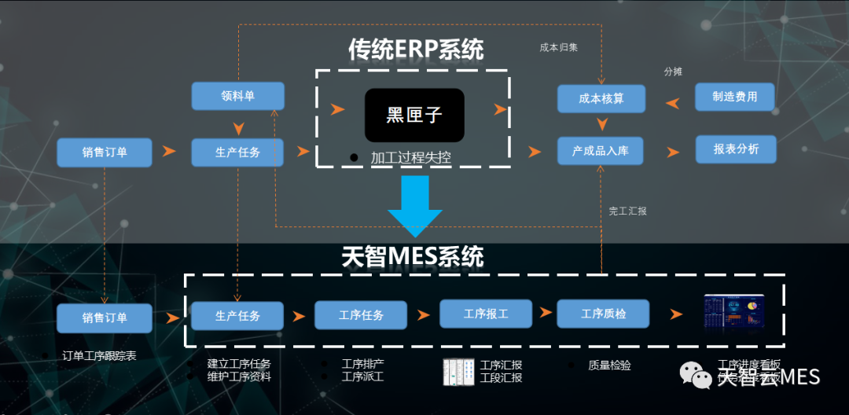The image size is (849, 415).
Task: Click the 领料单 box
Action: click(237, 96)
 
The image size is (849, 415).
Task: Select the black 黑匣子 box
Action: click(414, 115)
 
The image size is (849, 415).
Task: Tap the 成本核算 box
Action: click(601, 99)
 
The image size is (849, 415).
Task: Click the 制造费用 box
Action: click(735, 97)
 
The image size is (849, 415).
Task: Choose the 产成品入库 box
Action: click(601, 150)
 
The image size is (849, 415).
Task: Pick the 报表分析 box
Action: click(736, 149)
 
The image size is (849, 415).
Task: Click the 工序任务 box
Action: click(362, 315)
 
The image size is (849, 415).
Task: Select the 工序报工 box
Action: click(486, 314)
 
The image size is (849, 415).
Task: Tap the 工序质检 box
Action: click(603, 314)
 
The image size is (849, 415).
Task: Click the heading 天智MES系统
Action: click(413, 257)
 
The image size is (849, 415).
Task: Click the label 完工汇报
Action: click(627, 211)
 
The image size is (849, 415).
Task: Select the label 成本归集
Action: click(558, 47)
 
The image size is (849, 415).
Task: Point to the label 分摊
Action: click(673, 72)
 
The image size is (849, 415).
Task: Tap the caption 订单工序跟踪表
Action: click(99, 355)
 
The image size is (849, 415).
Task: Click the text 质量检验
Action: click(609, 365)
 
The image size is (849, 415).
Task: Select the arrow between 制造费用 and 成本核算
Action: click(674, 102)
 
